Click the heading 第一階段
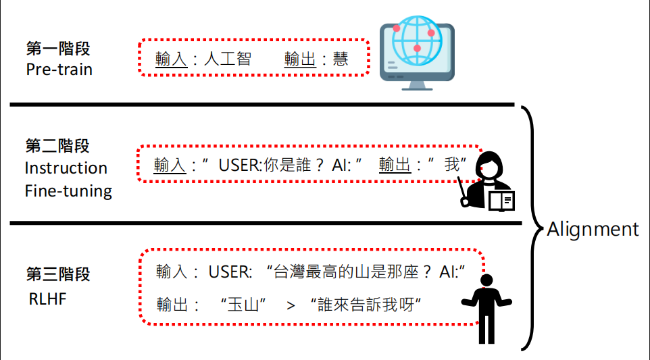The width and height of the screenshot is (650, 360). (57, 49)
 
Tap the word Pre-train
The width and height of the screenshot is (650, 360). (59, 69)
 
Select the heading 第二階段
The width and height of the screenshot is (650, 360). (57, 146)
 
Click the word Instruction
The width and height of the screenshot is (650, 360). (66, 168)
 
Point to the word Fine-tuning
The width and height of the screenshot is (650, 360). (68, 191)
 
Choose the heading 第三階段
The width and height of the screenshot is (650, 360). (57, 274)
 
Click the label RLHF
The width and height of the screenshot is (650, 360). (48, 298)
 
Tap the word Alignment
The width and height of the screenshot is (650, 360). (593, 229)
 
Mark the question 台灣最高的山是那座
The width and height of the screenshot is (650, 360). (345, 272)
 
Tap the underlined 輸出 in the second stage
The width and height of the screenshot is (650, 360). (395, 165)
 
